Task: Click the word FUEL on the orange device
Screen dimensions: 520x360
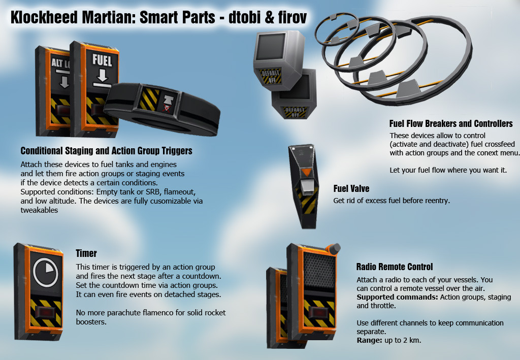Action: pyautogui.click(x=102, y=60)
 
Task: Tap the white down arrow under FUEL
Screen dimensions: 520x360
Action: pyautogui.click(x=102, y=75)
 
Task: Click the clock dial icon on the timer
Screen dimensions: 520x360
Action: pyautogui.click(x=45, y=272)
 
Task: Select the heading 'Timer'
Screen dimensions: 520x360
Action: pyautogui.click(x=86, y=253)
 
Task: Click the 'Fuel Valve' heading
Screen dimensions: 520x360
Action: pyautogui.click(x=351, y=188)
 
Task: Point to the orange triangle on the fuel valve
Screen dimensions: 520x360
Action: pyautogui.click(x=306, y=172)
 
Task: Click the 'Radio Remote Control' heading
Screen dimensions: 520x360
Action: pyautogui.click(x=394, y=267)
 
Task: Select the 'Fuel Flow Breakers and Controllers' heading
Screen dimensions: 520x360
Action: pyautogui.click(x=451, y=124)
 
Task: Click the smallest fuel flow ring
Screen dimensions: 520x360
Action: pyautogui.click(x=336, y=29)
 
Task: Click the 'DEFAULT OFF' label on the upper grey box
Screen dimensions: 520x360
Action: pyautogui.click(x=271, y=77)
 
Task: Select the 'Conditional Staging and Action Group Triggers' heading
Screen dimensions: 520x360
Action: pyautogui.click(x=107, y=151)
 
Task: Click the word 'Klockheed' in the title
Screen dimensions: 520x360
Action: pyautogui.click(x=45, y=18)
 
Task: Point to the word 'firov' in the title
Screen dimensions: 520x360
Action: pyautogui.click(x=292, y=18)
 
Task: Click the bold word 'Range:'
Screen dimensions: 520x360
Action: pyautogui.click(x=370, y=340)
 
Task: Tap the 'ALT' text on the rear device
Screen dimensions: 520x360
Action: pyautogui.click(x=57, y=62)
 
